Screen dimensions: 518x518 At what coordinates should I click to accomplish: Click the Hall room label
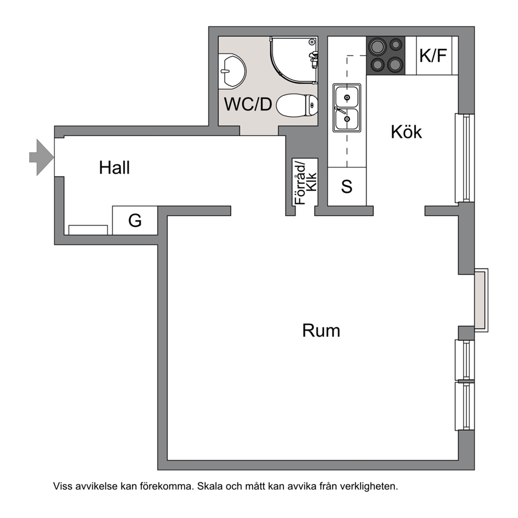114,168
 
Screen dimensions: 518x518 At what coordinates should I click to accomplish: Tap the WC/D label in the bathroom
248,104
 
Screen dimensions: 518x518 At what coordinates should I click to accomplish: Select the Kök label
406,132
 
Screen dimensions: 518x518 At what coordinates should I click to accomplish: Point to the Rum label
321,331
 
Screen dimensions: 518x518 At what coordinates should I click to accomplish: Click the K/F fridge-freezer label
433,55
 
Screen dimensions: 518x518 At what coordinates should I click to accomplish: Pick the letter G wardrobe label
135,220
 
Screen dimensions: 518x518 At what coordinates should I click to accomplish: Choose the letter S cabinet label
347,186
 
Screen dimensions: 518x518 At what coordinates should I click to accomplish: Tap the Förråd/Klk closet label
305,183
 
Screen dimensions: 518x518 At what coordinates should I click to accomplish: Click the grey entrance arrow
42,157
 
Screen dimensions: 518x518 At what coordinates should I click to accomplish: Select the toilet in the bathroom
297,105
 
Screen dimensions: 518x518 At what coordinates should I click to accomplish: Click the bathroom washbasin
232,71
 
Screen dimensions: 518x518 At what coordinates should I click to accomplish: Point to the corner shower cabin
294,60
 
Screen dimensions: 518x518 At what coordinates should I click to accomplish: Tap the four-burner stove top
386,55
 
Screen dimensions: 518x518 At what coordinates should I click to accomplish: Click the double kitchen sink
347,108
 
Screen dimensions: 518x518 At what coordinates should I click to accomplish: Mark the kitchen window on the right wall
465,158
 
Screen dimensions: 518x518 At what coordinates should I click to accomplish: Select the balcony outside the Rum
481,300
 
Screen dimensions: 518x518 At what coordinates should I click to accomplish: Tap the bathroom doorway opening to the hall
258,131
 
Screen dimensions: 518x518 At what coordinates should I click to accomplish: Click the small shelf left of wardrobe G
88,230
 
